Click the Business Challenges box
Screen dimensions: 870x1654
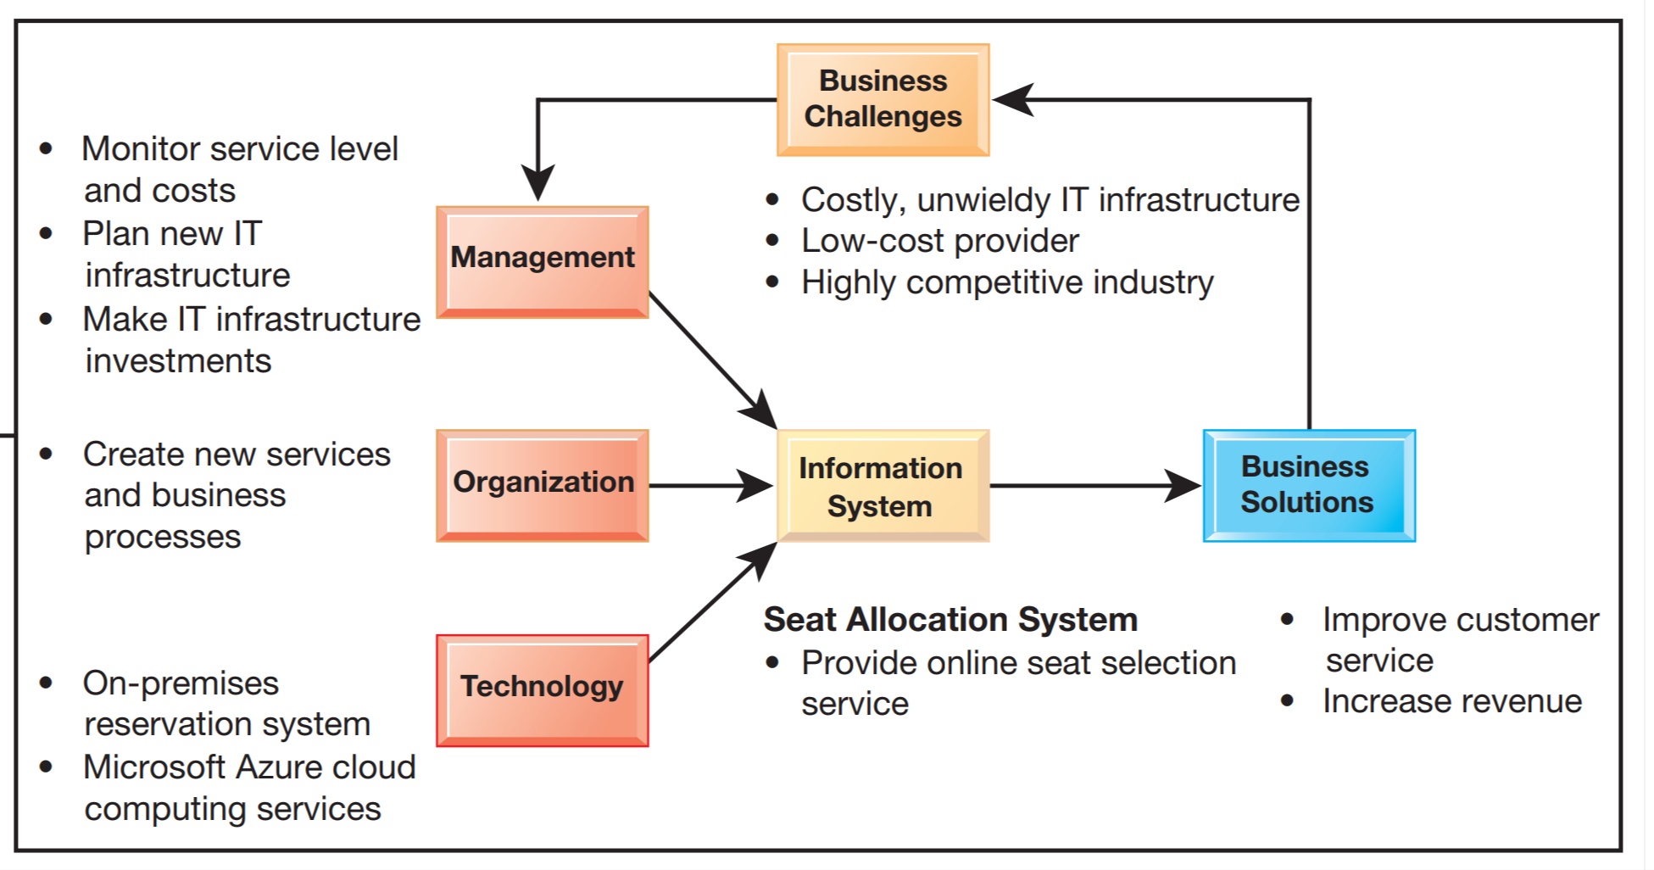[883, 99]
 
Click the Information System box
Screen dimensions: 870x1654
[883, 485]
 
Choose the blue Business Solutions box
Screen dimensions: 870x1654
[1308, 485]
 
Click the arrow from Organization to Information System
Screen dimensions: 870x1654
[704, 486]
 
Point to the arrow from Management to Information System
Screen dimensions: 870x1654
[708, 356]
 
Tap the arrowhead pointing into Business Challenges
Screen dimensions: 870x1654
[1013, 100]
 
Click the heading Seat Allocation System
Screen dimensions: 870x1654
[950, 620]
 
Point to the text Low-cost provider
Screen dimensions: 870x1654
[939, 241]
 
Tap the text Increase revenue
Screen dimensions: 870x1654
[1451, 701]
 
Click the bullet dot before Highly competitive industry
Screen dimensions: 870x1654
[771, 282]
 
